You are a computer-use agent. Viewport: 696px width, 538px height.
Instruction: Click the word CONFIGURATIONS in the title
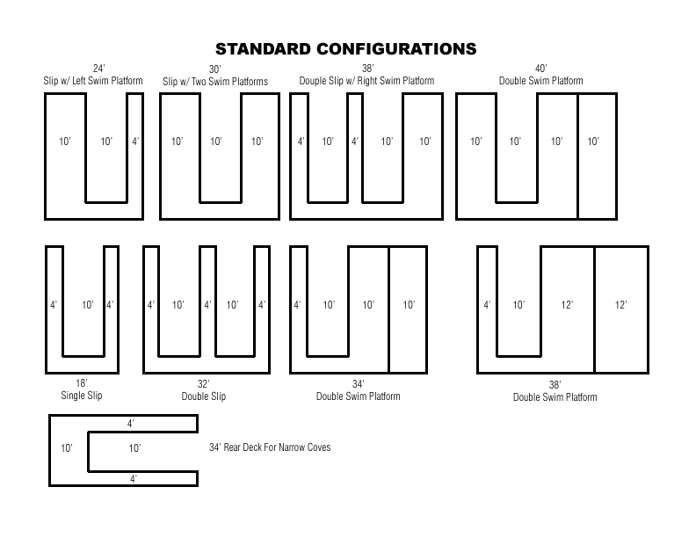click(x=396, y=49)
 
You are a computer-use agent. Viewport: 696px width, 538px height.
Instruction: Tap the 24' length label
click(x=98, y=69)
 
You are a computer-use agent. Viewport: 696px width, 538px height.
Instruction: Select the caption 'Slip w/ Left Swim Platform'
click(x=93, y=81)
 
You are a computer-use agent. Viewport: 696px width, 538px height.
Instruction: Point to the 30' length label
click(x=214, y=69)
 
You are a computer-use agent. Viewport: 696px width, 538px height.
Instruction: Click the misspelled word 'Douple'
click(x=314, y=81)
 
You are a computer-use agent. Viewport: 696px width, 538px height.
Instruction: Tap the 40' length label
click(x=540, y=69)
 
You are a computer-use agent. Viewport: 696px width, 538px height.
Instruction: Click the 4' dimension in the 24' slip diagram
click(x=135, y=142)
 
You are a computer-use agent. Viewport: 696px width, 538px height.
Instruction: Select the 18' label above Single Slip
click(x=81, y=382)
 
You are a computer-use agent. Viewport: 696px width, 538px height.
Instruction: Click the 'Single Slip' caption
click(x=82, y=395)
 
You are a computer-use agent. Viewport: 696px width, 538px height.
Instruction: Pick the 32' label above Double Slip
click(x=203, y=383)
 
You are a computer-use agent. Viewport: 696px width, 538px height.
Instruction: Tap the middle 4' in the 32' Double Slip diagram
click(x=207, y=305)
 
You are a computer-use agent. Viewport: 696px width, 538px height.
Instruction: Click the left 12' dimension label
click(x=567, y=305)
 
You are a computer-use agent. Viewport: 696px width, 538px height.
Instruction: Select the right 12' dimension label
click(x=620, y=305)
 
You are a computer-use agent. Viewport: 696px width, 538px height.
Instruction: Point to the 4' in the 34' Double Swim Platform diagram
click(x=297, y=305)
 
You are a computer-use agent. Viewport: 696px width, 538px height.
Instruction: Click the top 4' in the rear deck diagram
click(x=130, y=424)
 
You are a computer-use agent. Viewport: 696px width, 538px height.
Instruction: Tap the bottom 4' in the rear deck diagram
click(x=134, y=478)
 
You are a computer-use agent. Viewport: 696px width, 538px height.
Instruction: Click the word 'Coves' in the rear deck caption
click(x=319, y=447)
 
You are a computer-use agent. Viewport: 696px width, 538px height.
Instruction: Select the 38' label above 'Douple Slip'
click(x=367, y=69)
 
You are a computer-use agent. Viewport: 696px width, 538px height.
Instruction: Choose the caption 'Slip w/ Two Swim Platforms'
click(x=215, y=82)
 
